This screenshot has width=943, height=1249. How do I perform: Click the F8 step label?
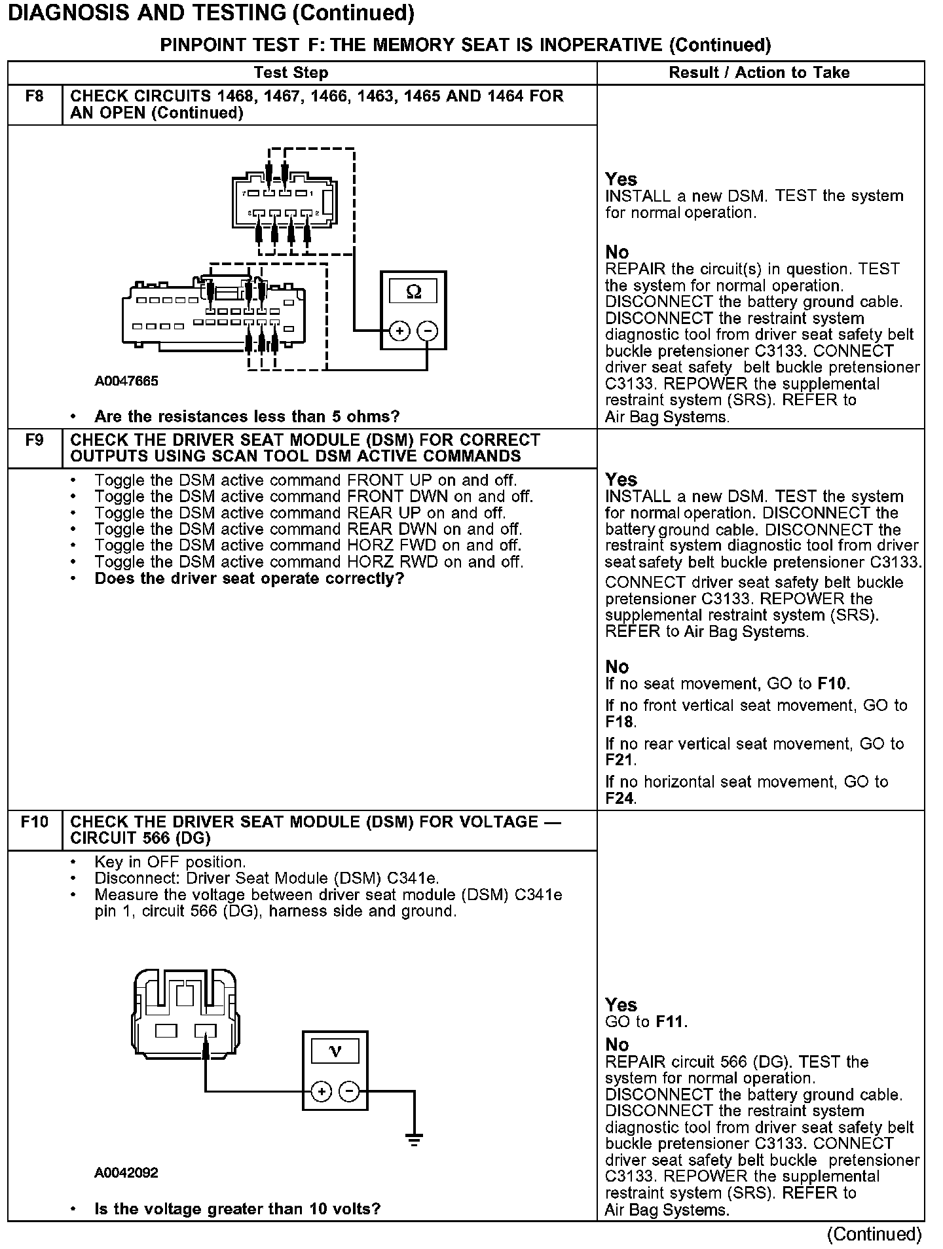pos(34,97)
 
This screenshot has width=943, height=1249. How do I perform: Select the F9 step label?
pos(34,441)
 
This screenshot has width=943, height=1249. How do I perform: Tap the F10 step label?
pos(34,822)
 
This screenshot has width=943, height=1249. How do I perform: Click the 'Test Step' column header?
pos(291,73)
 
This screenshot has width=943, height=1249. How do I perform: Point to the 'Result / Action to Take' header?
pos(759,73)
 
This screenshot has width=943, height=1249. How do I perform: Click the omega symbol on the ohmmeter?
pos(414,292)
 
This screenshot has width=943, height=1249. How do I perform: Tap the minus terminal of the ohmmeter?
pos(428,331)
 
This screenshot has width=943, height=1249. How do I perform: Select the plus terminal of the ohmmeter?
pos(399,331)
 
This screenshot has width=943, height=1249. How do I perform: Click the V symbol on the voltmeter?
pos(335,1052)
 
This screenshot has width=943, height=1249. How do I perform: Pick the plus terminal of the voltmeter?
pos(321,1091)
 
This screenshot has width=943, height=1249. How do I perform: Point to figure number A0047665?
pos(126,381)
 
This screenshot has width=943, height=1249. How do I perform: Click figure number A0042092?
pos(126,1172)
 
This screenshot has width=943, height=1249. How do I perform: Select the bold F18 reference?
pos(619,722)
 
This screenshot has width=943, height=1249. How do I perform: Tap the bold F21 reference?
pos(619,760)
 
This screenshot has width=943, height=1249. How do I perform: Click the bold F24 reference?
pos(619,798)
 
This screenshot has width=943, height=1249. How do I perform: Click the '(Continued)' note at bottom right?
pos(874,1234)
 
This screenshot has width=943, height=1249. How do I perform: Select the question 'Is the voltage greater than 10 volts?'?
pos(237,1208)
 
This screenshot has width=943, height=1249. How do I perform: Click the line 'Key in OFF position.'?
pos(170,862)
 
